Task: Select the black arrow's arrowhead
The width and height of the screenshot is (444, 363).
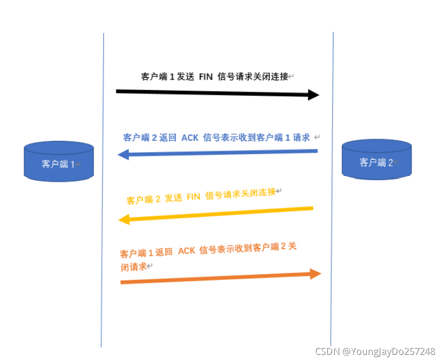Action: [x=314, y=95]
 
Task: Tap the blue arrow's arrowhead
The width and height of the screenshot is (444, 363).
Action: [x=123, y=154]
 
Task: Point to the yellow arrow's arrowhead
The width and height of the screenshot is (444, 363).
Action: [x=124, y=219]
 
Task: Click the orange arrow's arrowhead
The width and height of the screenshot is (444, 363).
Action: [x=315, y=274]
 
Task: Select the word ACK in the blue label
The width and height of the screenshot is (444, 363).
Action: [x=190, y=137]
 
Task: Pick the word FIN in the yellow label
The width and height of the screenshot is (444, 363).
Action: [x=193, y=196]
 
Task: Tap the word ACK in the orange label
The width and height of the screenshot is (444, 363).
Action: [x=186, y=250]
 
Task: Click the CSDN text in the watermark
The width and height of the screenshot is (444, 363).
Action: [x=327, y=351]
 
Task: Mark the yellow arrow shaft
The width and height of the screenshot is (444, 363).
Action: [x=220, y=214]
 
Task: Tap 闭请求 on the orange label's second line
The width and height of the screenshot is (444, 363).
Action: [x=133, y=267]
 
